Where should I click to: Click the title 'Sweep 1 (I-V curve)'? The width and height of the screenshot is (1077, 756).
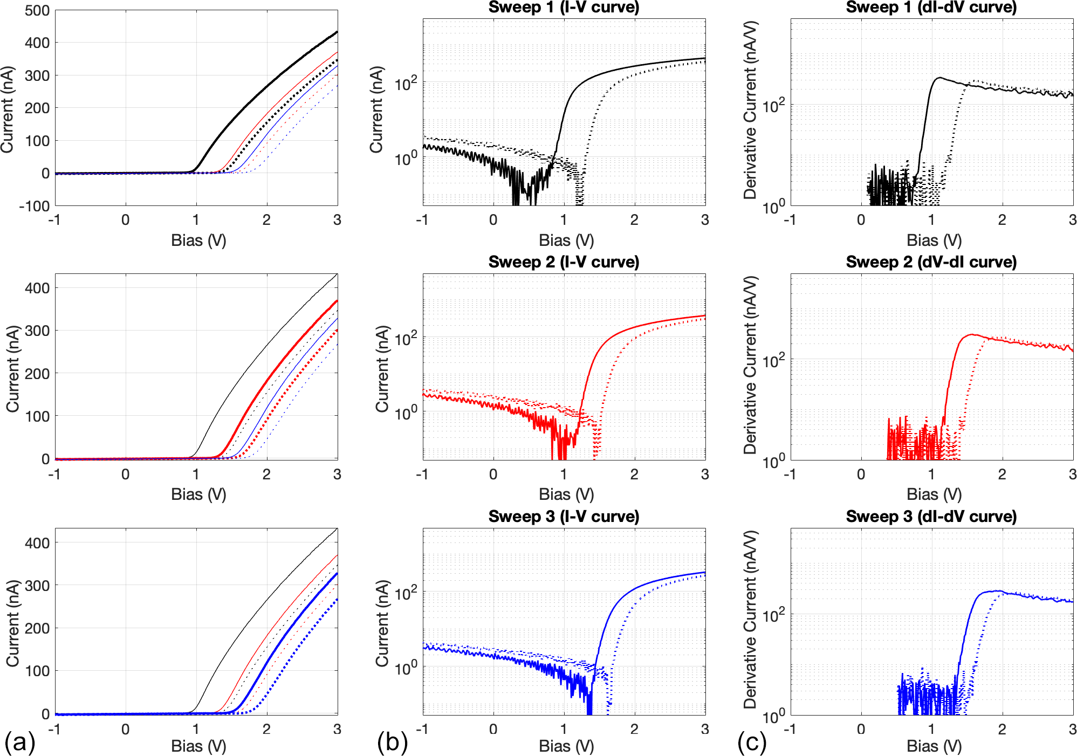564,8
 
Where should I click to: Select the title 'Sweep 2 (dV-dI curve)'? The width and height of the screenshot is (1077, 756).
931,262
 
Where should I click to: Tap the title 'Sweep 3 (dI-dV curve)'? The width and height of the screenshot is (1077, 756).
931,517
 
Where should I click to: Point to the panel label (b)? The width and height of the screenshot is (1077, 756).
392,743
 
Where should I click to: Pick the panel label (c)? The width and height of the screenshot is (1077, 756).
752,743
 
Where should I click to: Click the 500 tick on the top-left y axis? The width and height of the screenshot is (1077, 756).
37,11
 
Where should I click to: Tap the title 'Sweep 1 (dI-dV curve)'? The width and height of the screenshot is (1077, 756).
931,8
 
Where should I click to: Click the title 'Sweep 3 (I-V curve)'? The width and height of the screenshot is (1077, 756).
564,517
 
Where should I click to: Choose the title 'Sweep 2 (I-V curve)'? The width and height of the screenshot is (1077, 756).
564,262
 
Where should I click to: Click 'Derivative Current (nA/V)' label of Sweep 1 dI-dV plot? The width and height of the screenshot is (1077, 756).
750,111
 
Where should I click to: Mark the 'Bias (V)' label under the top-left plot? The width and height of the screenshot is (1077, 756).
198,240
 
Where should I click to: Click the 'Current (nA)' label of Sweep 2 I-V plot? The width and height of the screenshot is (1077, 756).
382,369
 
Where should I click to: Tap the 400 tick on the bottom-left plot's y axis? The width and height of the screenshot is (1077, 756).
37,543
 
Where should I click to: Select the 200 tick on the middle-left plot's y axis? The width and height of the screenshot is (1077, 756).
37,374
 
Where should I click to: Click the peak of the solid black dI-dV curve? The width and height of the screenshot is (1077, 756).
939,78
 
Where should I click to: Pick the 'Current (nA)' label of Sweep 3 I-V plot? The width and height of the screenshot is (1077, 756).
382,623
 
